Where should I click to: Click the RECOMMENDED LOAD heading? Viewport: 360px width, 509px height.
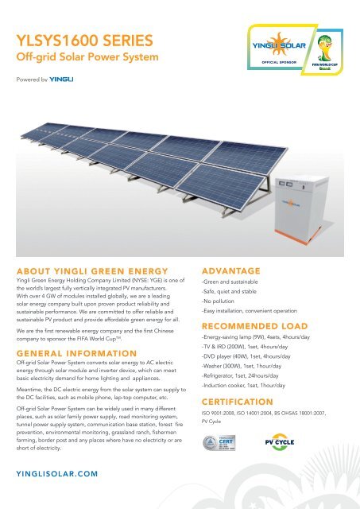click(x=254, y=325)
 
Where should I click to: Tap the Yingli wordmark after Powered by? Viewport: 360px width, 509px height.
click(x=61, y=80)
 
